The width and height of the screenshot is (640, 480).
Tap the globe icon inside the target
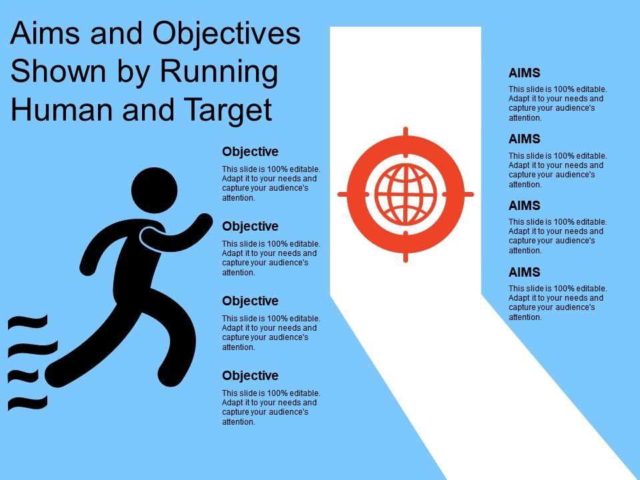(405, 194)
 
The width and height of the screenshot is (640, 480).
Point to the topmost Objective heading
(250, 152)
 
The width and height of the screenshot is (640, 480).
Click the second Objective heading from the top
(250, 227)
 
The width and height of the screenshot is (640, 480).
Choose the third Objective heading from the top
(250, 301)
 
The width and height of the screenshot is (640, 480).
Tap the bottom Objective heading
(250, 376)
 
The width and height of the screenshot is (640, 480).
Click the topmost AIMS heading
(524, 73)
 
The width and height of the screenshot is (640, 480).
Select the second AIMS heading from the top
(524, 139)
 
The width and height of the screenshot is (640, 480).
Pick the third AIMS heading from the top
(524, 206)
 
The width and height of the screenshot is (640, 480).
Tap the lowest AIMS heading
(524, 272)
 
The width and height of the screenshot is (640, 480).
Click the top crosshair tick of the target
(405, 134)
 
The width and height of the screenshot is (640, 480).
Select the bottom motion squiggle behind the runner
(28, 402)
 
